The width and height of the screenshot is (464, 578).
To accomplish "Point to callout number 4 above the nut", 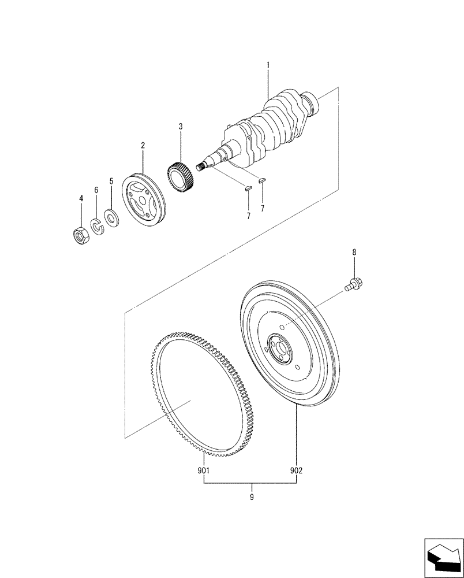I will (81, 198).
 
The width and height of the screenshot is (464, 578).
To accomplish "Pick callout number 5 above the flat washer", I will (111, 181).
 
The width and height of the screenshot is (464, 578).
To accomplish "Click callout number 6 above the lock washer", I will (96, 190).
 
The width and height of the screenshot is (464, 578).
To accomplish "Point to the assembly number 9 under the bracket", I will (251, 496).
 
